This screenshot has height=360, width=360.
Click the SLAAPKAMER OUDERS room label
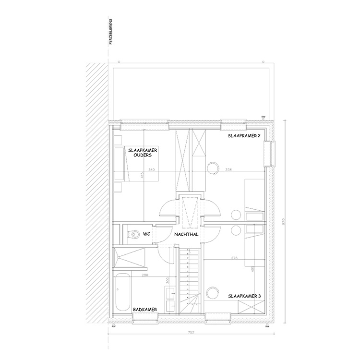coord(144,153)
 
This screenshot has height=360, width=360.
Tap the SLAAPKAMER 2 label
coord(244,136)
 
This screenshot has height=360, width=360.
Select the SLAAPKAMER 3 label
coord(244,296)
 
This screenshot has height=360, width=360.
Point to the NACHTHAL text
coord(188,234)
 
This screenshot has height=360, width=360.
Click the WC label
coord(147,234)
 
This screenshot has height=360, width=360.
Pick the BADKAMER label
coord(146,311)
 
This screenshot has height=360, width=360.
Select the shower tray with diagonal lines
coord(129,259)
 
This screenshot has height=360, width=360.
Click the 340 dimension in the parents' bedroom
coord(152,170)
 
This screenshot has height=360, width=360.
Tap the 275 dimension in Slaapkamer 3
coord(234,258)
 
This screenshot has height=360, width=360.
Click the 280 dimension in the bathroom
coord(145,276)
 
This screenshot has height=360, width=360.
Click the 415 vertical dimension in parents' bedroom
coord(143,176)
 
